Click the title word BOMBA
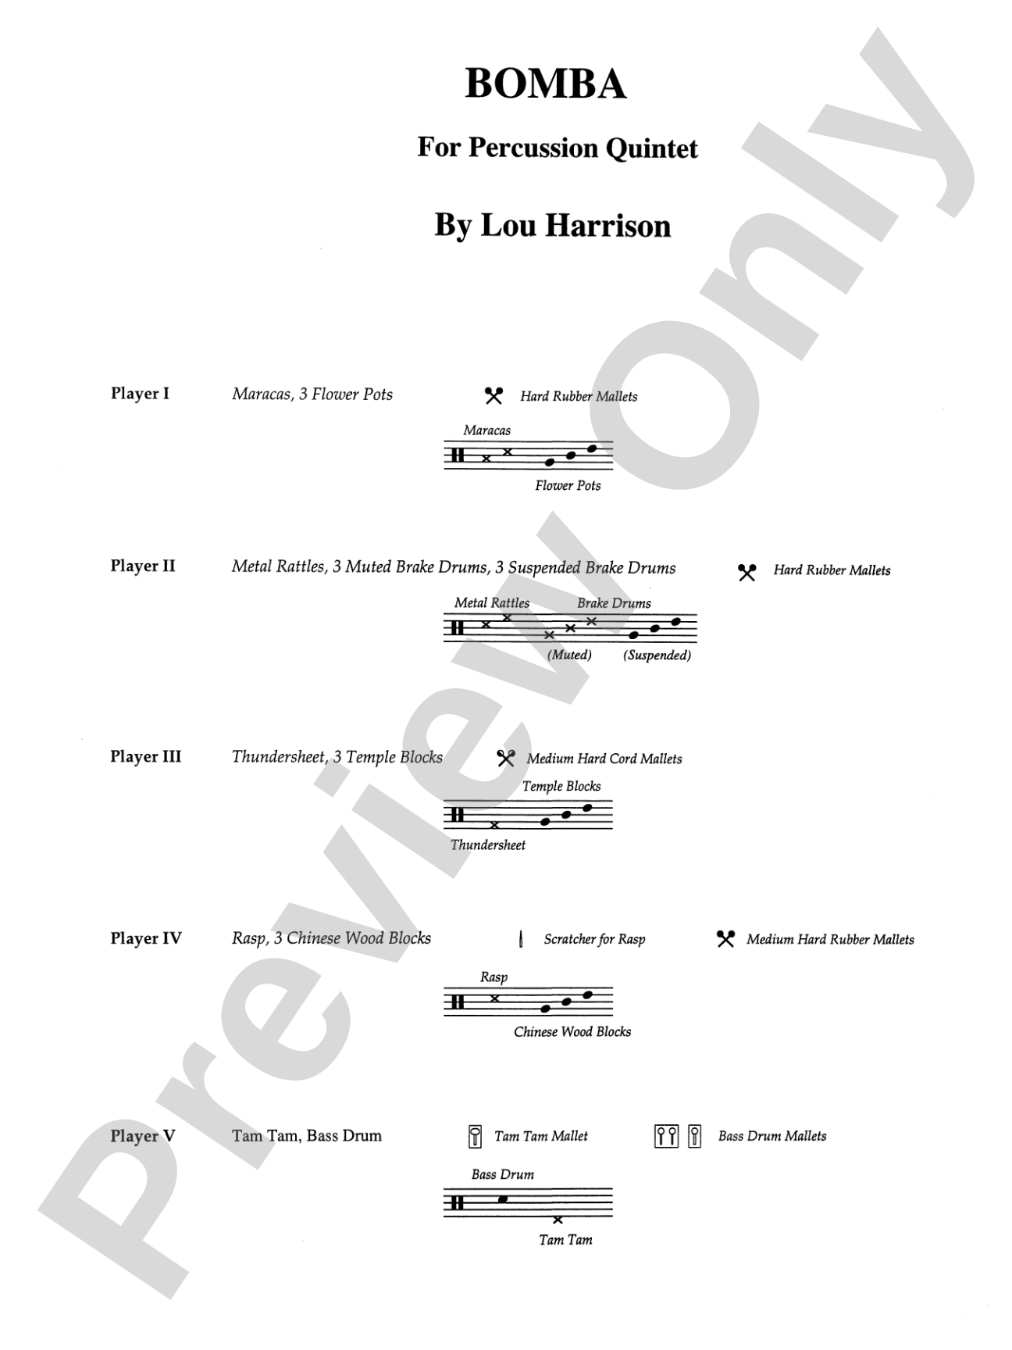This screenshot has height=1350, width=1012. click(546, 84)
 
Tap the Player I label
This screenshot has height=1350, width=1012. click(140, 394)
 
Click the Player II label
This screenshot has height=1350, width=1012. click(143, 566)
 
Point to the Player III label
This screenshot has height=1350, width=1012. click(145, 757)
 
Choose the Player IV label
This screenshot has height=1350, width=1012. click(146, 938)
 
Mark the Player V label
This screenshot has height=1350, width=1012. click(143, 1136)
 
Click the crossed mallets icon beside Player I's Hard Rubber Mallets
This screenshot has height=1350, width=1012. click(494, 396)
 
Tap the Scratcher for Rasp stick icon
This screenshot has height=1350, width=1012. click(521, 939)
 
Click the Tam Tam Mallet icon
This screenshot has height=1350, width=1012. click(473, 1137)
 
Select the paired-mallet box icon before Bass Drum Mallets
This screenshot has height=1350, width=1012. click(666, 1137)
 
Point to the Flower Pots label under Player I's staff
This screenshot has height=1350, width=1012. click(568, 486)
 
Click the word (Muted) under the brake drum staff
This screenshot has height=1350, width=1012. click(569, 655)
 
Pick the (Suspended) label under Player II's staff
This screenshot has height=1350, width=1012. click(657, 655)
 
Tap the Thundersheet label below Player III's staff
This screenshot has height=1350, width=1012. click(488, 845)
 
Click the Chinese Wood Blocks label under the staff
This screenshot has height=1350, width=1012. click(572, 1032)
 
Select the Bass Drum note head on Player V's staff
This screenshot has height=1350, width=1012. click(503, 1199)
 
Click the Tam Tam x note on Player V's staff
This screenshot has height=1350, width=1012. click(558, 1220)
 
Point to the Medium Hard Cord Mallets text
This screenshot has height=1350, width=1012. click(604, 759)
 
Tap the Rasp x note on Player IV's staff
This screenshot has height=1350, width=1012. click(494, 998)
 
